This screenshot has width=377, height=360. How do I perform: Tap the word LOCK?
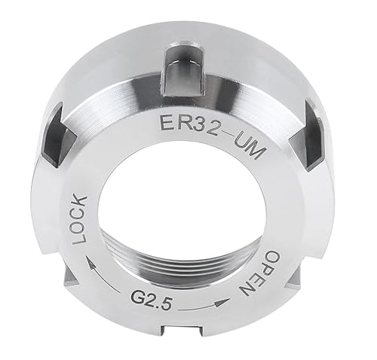[x=81, y=219]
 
